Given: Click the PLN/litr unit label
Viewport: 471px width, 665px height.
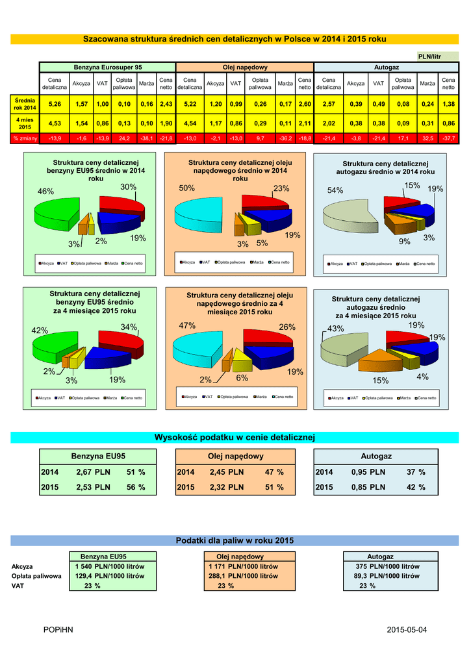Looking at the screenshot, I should pos(429,56).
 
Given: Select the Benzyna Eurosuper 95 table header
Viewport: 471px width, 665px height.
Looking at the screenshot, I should pos(108,68).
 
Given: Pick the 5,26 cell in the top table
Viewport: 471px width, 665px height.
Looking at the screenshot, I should pos(55,104).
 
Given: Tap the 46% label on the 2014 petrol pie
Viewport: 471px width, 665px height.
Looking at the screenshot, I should pos(45,192).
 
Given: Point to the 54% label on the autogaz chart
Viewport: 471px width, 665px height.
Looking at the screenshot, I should pos(335,190).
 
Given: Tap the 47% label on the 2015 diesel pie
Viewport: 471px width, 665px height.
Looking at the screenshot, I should pos(187,325).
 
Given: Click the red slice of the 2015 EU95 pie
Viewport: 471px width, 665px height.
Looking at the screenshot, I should pos(120,342).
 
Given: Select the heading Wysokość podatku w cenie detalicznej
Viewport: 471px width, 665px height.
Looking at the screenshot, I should pos(234,436).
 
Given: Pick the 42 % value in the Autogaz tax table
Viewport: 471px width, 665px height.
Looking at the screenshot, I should pos(416,487).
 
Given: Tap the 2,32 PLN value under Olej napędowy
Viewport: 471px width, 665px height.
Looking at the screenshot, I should pos(227,487).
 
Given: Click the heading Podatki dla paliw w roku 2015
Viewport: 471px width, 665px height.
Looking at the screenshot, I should pos(235,540).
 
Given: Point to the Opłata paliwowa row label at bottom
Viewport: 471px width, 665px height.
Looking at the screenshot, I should pos(36,576).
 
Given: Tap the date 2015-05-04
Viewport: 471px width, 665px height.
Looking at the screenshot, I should pos(407,631).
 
